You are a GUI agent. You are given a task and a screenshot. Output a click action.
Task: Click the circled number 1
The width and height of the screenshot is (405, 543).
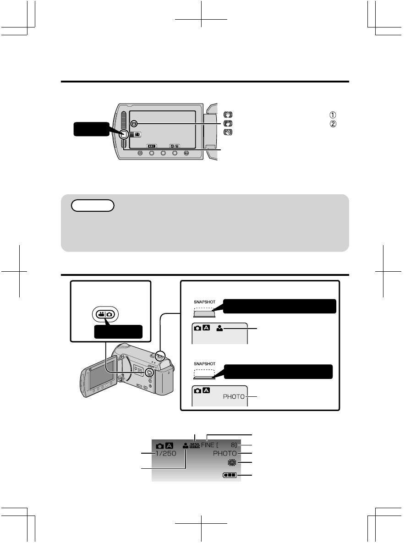click(333, 115)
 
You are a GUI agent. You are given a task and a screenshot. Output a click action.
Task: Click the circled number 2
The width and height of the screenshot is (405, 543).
click(333, 124)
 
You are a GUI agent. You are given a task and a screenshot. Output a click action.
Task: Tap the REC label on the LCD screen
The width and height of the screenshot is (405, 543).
click(152, 146)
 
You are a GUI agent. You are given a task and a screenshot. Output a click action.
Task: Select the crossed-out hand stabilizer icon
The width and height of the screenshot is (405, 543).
click(228, 132)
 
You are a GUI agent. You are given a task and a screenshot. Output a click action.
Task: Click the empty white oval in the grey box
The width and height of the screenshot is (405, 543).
click(93, 205)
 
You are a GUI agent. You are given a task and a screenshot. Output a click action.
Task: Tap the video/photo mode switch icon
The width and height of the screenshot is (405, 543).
click(105, 314)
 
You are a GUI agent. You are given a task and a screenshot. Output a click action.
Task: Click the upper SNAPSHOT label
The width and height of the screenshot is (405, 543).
click(205, 302)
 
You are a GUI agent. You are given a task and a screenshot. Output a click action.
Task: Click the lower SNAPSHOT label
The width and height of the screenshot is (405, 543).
click(205, 364)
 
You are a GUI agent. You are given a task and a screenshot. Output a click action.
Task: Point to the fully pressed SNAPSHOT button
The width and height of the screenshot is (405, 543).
click(204, 374)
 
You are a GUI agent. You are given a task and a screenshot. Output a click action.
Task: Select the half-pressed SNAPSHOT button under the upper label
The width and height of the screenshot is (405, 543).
click(204, 312)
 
